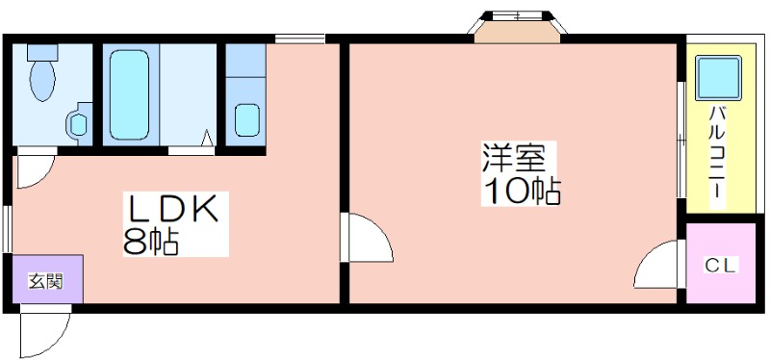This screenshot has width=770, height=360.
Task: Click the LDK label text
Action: pyautogui.click(x=172, y=209)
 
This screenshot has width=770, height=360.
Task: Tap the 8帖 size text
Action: pyautogui.click(x=150, y=242)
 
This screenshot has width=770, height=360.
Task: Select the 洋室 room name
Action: pyautogui.click(x=513, y=157)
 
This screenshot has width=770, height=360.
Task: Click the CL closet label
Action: pyautogui.click(x=721, y=266)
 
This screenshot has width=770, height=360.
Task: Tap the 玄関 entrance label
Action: pyautogui.click(x=45, y=281)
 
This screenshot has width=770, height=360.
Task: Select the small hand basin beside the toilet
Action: pyautogui.click(x=79, y=123)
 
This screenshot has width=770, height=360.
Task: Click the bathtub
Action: pyautogui.click(x=130, y=94)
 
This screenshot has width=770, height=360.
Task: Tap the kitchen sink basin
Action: pyautogui.click(x=247, y=119)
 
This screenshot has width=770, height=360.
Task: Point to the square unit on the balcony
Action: pyautogui.click(x=718, y=78)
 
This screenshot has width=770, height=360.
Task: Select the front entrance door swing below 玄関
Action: pyautogui.click(x=44, y=332)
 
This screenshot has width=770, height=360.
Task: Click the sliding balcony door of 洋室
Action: pyautogui.click(x=681, y=139)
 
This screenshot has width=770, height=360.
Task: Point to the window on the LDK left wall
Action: pyautogui.click(x=7, y=228)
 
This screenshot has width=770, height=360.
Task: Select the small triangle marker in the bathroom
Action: pyautogui.click(x=208, y=137)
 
